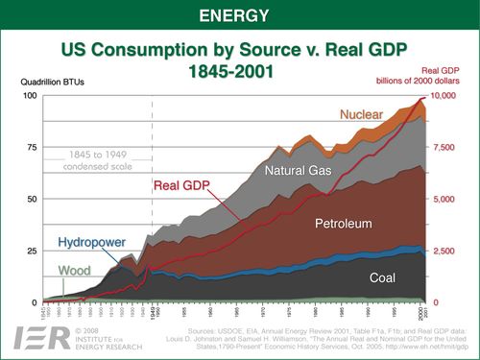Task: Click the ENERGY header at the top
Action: [x=239, y=15]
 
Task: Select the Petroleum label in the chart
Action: [x=344, y=224]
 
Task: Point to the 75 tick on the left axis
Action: [x=31, y=148]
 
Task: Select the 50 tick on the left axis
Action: [x=31, y=200]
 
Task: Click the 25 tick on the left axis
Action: [x=31, y=252]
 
